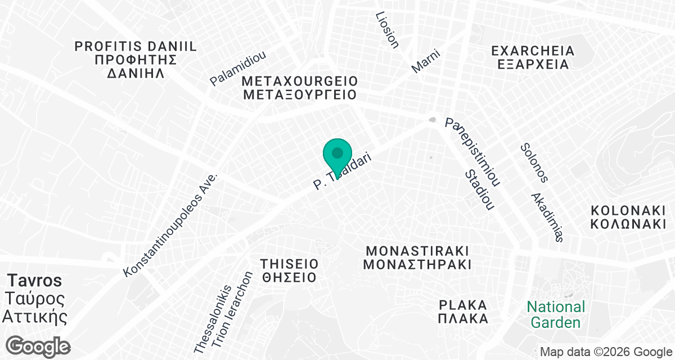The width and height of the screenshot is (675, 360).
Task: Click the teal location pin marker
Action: click(337, 155)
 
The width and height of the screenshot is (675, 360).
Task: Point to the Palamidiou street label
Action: click(238, 69)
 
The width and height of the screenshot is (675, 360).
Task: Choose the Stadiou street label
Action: click(480, 190)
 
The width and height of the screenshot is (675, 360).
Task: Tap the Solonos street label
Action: click(533, 163)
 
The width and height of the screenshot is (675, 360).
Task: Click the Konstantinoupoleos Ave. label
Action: click(170, 225)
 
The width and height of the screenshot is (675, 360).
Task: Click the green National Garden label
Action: click(556, 315)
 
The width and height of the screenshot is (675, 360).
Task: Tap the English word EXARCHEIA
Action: click(533, 51)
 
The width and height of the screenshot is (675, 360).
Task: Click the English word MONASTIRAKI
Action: click(417, 250)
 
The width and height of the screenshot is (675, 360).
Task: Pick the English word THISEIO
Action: click(289, 263)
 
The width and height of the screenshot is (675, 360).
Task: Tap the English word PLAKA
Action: click(463, 305)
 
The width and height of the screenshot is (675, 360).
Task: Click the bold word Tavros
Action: click(34, 280)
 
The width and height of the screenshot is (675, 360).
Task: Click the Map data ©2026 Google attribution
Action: click(606, 352)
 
